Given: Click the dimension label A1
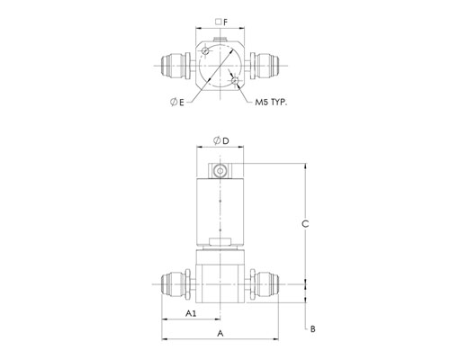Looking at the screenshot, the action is pos(191,313).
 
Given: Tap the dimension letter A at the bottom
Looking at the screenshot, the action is pos(220,333).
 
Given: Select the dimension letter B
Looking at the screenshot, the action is pos(312,329).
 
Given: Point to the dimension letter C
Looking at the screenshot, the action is pos(305,224).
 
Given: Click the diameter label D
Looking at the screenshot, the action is pos(221,140).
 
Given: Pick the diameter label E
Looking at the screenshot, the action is pos(177,103).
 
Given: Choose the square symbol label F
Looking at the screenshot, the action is pos(221,22).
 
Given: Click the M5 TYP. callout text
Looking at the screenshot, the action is pos(271,103).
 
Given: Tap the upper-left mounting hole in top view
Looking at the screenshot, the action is pos(205,50).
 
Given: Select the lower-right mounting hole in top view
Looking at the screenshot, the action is pos(235,80).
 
